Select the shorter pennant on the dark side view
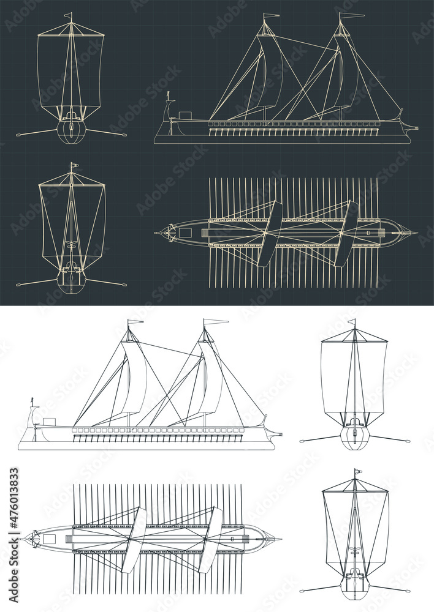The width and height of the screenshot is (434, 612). click(271, 16)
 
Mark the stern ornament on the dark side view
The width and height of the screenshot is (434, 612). click(169, 97)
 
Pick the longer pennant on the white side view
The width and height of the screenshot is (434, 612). click(216, 321)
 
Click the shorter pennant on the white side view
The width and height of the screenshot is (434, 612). click(135, 321)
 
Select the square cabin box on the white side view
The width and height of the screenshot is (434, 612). click(48, 421)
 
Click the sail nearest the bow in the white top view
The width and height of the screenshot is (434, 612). click(211, 539)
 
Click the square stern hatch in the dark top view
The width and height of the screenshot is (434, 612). click(185, 233)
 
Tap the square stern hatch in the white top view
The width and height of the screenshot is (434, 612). click(49, 539)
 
